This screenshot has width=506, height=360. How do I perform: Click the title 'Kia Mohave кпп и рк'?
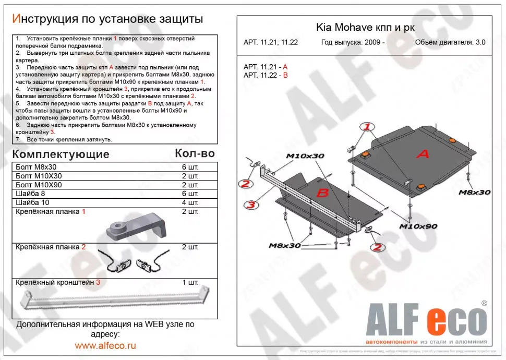(x=365, y=28)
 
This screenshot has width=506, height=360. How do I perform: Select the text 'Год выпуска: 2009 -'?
(x=353, y=43)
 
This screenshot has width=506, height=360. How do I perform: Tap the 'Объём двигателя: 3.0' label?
(x=450, y=43)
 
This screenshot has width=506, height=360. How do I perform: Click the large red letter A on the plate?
(x=423, y=153)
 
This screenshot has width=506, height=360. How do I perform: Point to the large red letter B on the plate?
(x=322, y=194)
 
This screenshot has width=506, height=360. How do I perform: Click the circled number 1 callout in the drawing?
(x=367, y=127)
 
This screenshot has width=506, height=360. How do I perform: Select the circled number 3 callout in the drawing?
(x=251, y=205)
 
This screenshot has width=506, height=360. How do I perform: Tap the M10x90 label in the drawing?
(x=418, y=226)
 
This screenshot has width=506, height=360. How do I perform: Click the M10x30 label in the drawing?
(x=305, y=156)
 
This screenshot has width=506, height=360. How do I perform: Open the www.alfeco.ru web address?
(x=105, y=345)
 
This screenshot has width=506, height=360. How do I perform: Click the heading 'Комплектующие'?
(x=61, y=154)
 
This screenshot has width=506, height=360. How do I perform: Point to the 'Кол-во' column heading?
(x=195, y=153)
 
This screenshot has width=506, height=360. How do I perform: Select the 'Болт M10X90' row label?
(x=39, y=185)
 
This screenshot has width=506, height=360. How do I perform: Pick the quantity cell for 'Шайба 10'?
(x=190, y=202)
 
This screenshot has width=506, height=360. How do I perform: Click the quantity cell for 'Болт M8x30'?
(x=190, y=167)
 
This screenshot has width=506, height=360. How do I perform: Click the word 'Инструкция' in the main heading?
(x=45, y=19)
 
